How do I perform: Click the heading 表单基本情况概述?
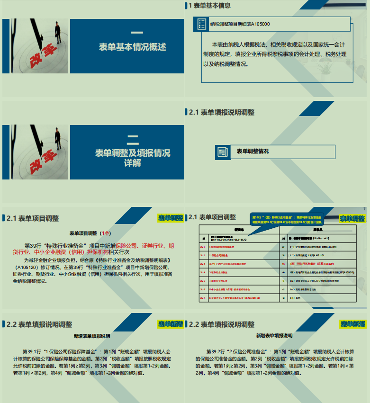(133, 47)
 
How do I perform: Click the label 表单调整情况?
(253, 152)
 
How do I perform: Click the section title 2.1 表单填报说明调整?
(221, 112)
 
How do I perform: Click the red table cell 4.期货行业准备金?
(227, 280)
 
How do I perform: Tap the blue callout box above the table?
(286, 219)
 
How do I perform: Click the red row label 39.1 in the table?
(203, 246)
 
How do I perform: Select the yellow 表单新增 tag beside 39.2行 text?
(352, 324)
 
